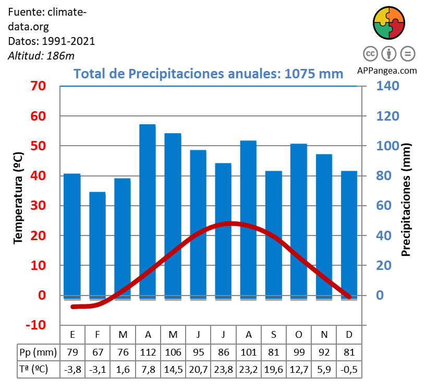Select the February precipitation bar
point(98,245)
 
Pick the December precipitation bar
point(349,235)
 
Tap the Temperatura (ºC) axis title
point(18,198)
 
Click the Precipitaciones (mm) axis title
point(407,199)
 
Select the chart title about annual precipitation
point(209,74)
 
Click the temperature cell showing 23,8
point(223,369)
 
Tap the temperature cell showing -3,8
point(72,369)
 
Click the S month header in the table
point(273,334)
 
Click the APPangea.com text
point(387,70)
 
